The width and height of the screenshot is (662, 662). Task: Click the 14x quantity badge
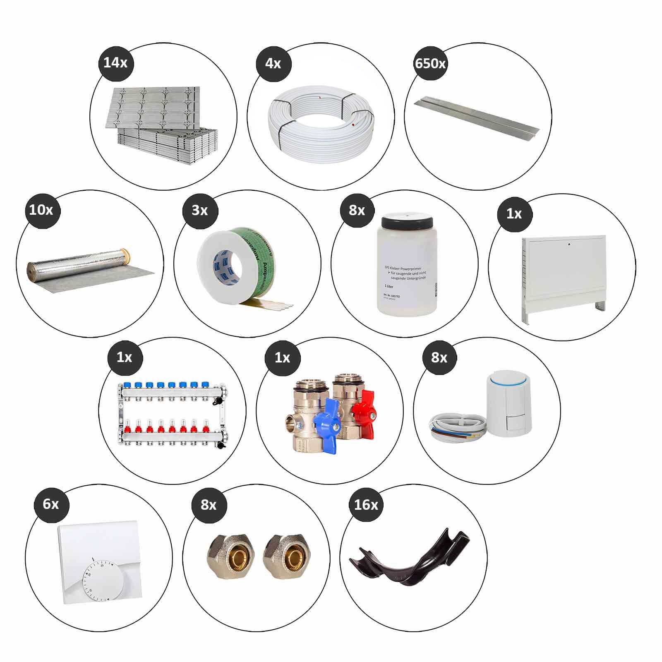(x=115, y=63)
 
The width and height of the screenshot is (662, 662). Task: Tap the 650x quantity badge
(x=430, y=63)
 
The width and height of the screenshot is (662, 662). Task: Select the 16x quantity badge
(x=366, y=505)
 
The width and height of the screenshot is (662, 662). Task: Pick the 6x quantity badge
(x=51, y=504)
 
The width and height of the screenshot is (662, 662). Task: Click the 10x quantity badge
(x=41, y=210)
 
